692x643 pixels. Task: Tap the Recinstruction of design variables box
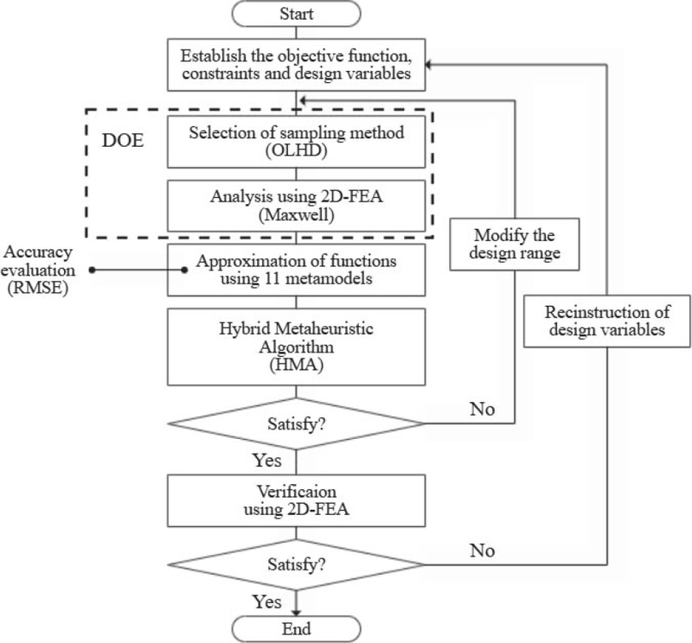click(x=609, y=321)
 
